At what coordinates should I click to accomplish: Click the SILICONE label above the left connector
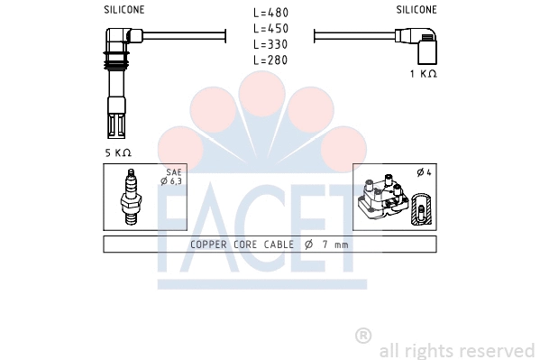(x=124, y=10)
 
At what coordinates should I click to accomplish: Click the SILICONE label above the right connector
(x=416, y=10)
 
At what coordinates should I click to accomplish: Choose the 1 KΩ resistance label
(x=422, y=73)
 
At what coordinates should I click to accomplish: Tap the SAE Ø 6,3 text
(x=171, y=177)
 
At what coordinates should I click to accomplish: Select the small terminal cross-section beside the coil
(x=420, y=209)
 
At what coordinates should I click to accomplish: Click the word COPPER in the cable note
(x=210, y=245)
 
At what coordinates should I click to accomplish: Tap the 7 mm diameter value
(x=334, y=245)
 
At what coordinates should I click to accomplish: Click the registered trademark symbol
(x=363, y=336)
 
